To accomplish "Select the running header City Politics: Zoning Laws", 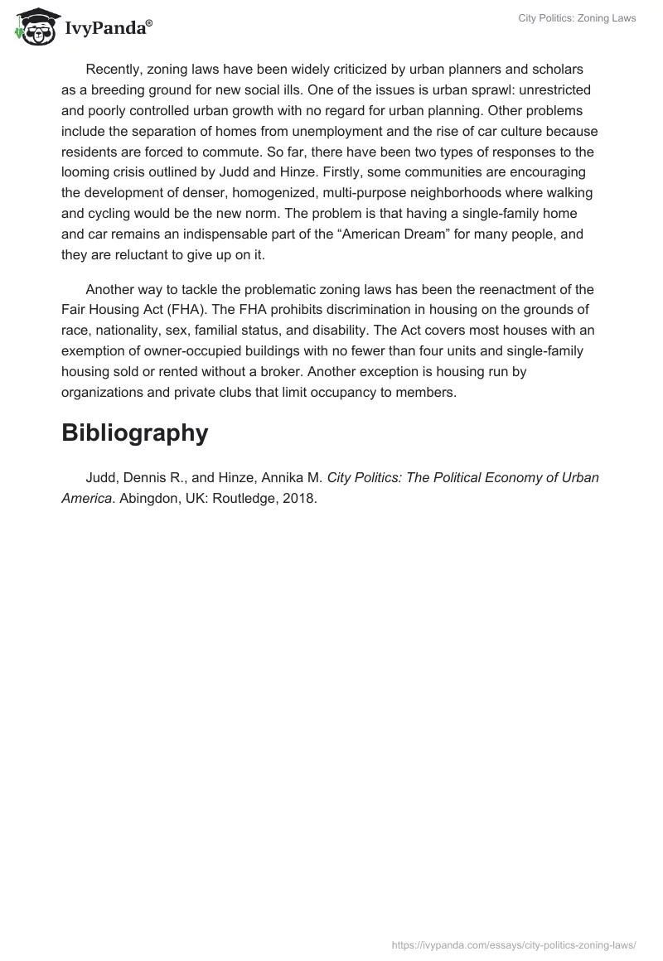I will tap(577, 18).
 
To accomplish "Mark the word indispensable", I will tap(273, 234).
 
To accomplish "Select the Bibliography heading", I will tap(134, 432).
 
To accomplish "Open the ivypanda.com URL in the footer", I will tap(515, 943).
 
